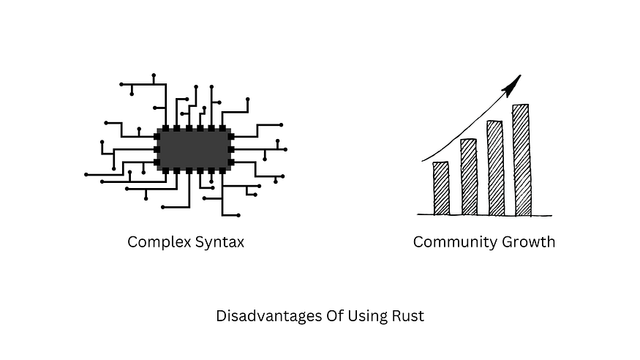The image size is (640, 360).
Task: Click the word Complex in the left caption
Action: pyautogui.click(x=159, y=242)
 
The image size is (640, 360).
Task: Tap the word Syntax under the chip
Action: pyautogui.click(x=219, y=242)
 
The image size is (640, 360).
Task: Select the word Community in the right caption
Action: pyautogui.click(x=455, y=242)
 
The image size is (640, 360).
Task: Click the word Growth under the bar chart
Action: pyautogui.click(x=528, y=241)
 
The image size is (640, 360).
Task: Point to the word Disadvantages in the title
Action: pyautogui.click(x=269, y=316)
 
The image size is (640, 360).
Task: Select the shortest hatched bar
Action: pyautogui.click(x=441, y=188)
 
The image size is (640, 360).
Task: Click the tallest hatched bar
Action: pyautogui.click(x=522, y=160)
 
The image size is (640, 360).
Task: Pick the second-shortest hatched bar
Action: pyautogui.click(x=469, y=177)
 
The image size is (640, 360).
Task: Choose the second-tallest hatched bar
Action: pyautogui.click(x=495, y=168)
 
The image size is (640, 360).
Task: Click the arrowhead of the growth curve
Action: pyautogui.click(x=512, y=86)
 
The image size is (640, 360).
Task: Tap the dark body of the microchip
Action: pyautogui.click(x=195, y=149)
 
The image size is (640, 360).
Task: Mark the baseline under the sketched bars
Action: pyautogui.click(x=484, y=214)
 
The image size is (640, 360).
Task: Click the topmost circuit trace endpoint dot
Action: pyautogui.click(x=154, y=75)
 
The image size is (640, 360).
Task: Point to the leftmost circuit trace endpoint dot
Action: pyautogui.click(x=86, y=175)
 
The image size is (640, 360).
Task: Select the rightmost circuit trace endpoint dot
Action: pyautogui.click(x=285, y=150)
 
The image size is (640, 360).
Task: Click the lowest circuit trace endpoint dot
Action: pyautogui.click(x=238, y=215)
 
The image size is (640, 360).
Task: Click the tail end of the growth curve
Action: pyautogui.click(x=422, y=161)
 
